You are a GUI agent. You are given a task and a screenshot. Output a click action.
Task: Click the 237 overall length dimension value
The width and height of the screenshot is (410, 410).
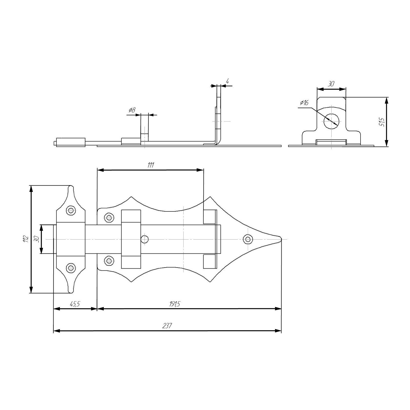coord(167,326)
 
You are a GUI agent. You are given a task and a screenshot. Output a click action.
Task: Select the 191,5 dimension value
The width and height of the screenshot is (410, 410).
coord(175,304)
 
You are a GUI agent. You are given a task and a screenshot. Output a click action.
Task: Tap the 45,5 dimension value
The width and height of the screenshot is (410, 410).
coord(75,304)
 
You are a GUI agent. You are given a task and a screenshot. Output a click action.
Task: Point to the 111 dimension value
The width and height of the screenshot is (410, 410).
coord(150,165)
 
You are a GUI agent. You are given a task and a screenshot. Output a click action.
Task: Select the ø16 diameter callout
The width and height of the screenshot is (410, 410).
coord(304,102)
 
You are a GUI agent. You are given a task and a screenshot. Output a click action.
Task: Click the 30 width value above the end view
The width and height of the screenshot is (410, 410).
coord(331,84)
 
